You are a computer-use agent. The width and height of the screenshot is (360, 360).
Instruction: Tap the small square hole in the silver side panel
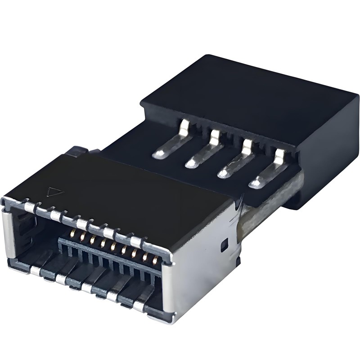pyautogui.click(x=224, y=246)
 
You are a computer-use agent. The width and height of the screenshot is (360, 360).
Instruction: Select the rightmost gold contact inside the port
pyautogui.click(x=155, y=260)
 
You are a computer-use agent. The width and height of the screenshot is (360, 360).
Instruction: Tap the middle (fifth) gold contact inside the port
pyautogui.click(x=113, y=247)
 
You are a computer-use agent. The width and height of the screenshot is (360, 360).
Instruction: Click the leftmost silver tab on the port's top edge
pyautogui.click(x=29, y=207)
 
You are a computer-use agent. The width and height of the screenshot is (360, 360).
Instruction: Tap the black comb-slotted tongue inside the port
pyautogui.click(x=108, y=261)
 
